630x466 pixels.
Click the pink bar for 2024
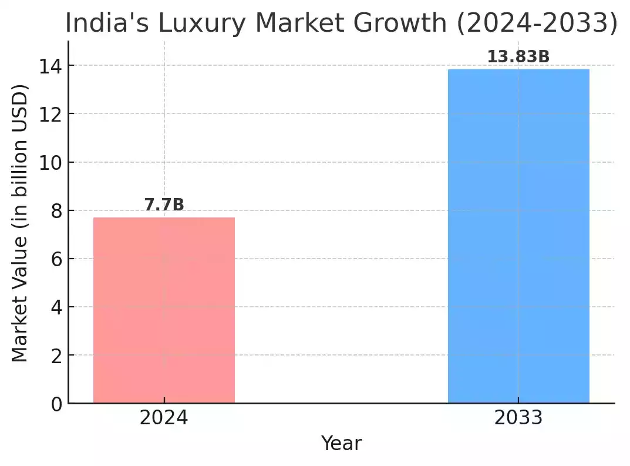click(164, 310)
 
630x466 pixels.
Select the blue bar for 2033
click(518, 236)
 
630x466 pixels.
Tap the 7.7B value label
click(164, 205)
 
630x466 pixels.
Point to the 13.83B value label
click(518, 57)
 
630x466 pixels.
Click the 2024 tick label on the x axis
click(164, 418)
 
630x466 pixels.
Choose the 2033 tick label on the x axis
click(518, 418)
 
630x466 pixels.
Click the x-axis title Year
click(341, 444)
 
